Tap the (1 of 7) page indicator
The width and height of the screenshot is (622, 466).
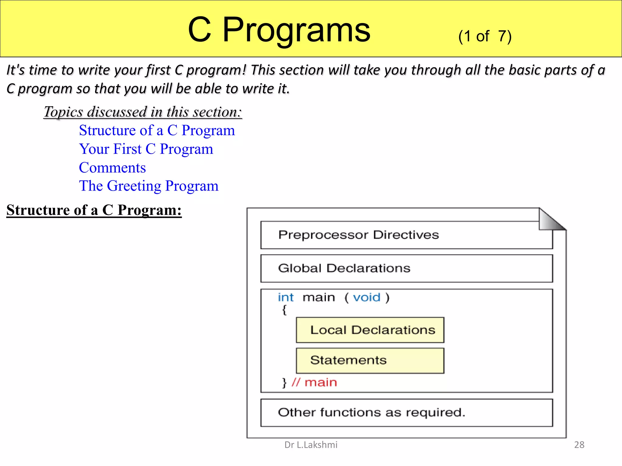[x=485, y=36]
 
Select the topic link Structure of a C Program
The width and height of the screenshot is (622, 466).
[x=157, y=130]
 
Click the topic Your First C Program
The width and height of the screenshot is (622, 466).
[x=146, y=149]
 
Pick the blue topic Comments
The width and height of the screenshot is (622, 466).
[x=112, y=168]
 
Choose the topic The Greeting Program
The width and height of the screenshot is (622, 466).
[x=149, y=186]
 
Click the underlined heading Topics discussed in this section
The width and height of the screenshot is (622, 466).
[x=143, y=112]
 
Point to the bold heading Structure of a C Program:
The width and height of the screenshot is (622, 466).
[x=94, y=210]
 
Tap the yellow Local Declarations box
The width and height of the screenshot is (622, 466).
[x=370, y=330]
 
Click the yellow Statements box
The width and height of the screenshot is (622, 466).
[x=370, y=360]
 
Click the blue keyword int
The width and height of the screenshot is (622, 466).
[x=285, y=298]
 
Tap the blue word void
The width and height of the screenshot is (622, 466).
[x=366, y=298]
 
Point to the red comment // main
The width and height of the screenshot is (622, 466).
[x=314, y=383]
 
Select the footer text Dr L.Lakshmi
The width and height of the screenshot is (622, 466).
[x=311, y=445]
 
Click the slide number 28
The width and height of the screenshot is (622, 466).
[x=579, y=445]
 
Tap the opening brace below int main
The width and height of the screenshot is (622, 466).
[x=284, y=310]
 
